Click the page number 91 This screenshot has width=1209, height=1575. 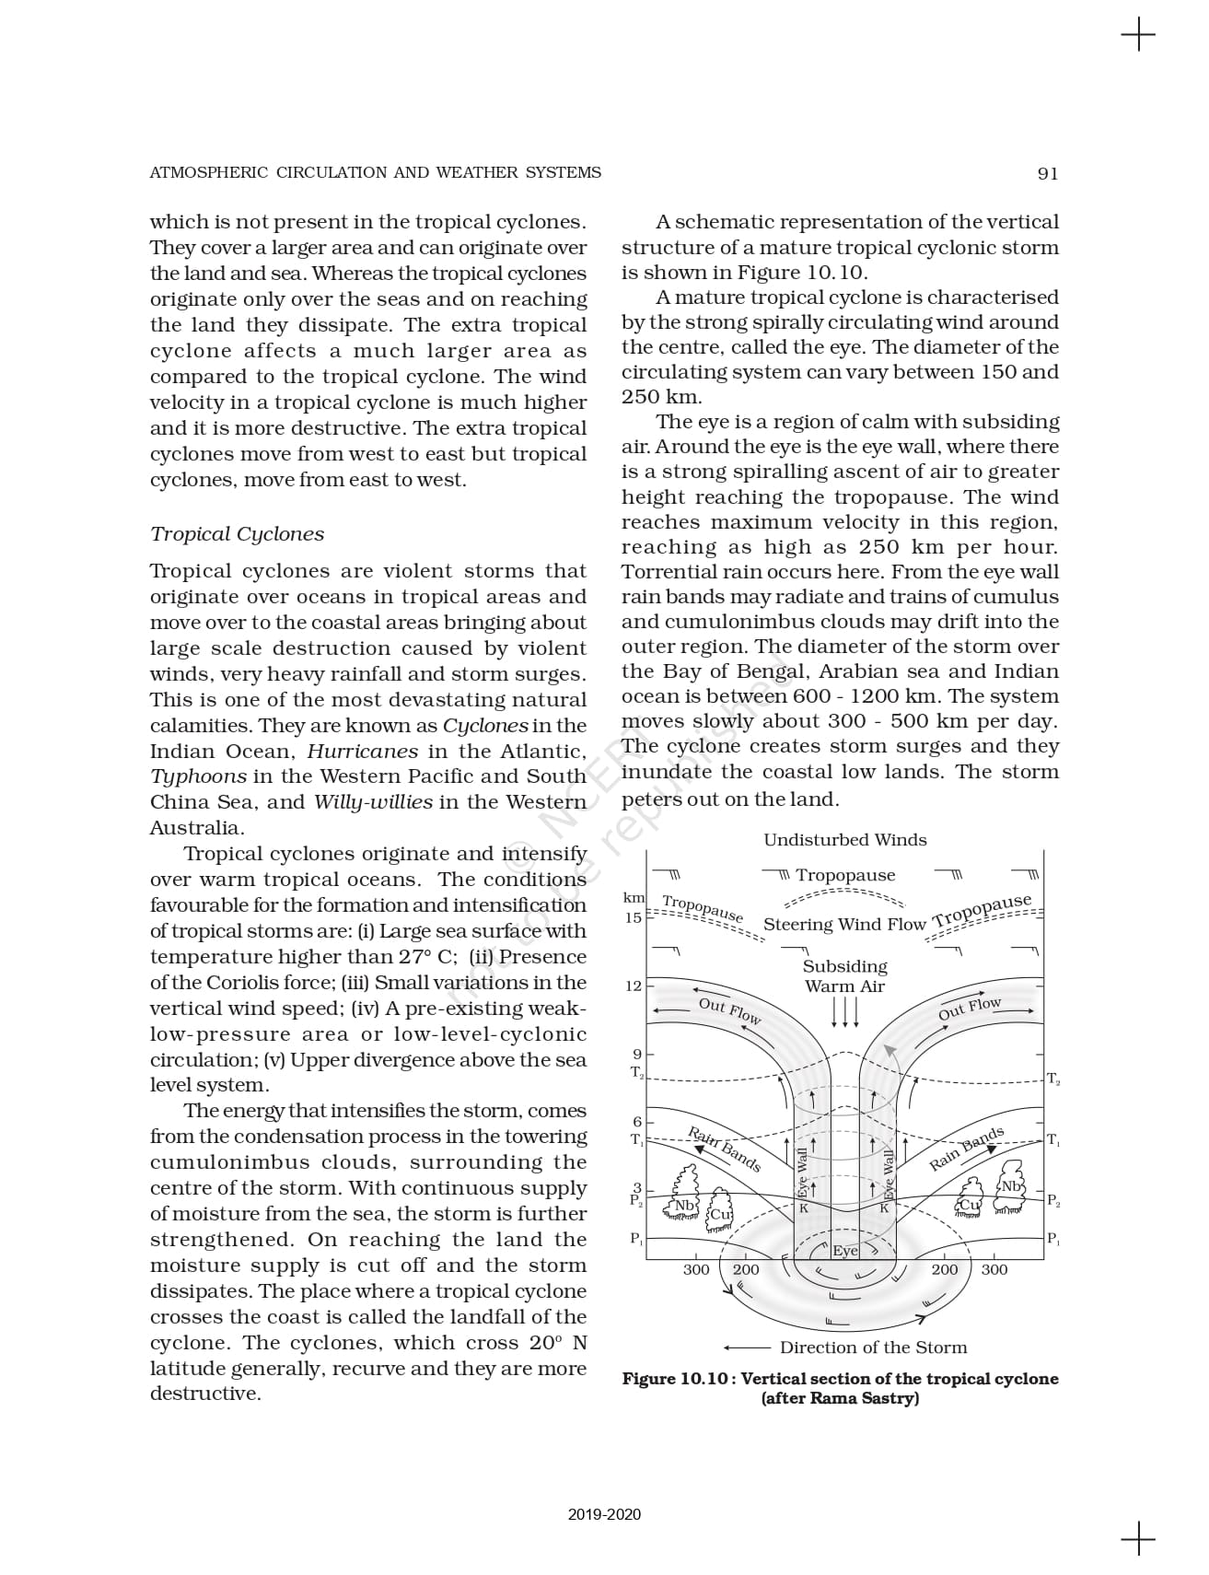(1047, 173)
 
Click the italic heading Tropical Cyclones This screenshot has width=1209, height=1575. (237, 534)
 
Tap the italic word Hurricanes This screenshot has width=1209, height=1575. (362, 751)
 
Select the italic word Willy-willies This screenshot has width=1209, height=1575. (373, 801)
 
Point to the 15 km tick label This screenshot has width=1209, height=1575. (634, 917)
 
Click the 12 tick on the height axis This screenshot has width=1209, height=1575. (634, 986)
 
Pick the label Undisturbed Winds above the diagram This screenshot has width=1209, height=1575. (844, 840)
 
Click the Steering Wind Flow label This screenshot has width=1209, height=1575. (844, 925)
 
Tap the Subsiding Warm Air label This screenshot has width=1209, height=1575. (844, 976)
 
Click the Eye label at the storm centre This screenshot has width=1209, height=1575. (845, 1250)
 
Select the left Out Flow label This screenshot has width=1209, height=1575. (729, 1009)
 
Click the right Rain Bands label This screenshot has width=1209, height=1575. (966, 1149)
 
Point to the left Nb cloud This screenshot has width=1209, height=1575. (684, 1205)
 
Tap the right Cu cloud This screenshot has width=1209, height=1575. (970, 1205)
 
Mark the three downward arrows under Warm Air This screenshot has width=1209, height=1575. (844, 1011)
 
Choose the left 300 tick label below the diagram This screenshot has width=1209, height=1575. (696, 1269)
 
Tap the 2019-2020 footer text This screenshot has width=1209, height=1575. (604, 1514)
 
